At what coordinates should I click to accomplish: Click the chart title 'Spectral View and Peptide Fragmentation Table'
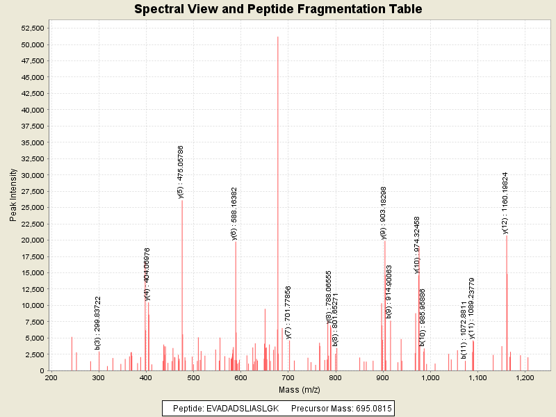pos(278,9)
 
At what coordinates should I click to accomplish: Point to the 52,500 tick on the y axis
pos(33,28)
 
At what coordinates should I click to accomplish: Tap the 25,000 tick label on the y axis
pos(33,207)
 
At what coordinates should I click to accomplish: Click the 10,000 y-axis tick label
pos(33,305)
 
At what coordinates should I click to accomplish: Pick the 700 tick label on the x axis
pos(288,378)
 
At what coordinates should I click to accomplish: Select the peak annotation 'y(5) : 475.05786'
pos(181,172)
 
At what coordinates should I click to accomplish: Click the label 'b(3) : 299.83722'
pos(98,323)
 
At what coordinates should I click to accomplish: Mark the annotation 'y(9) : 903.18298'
pos(384,213)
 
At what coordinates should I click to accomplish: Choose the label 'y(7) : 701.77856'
pos(288,312)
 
